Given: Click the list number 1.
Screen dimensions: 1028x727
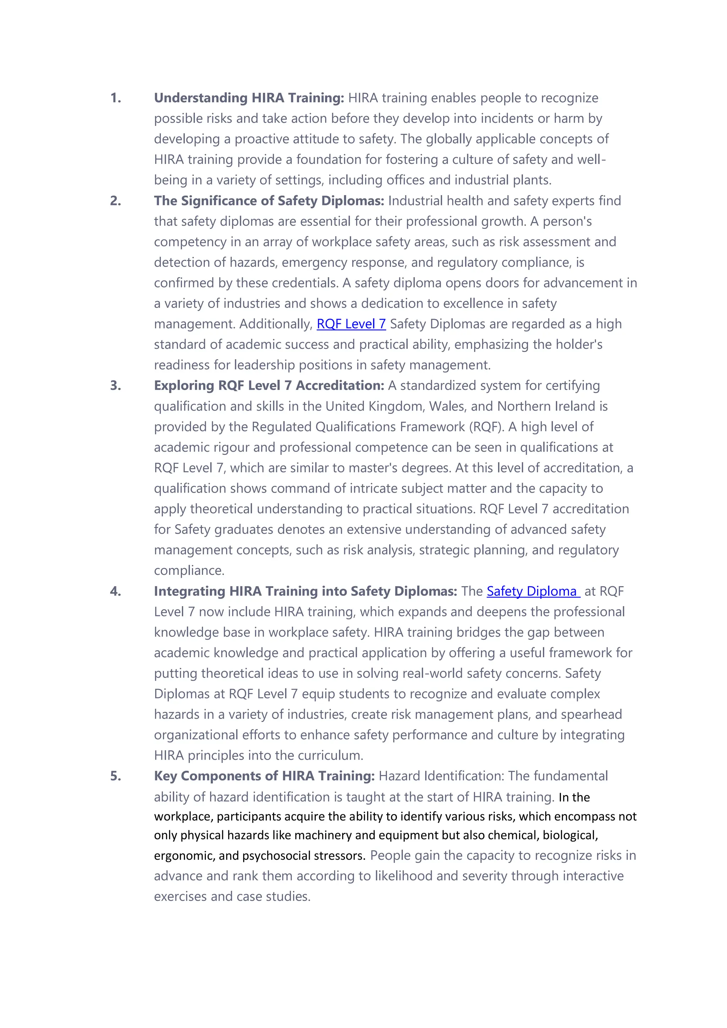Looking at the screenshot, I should point(116,98).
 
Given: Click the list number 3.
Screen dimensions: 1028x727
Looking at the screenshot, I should point(116,385).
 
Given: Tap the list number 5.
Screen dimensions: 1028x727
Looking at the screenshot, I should point(116,776).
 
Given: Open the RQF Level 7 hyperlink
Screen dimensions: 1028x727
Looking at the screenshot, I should point(351,324).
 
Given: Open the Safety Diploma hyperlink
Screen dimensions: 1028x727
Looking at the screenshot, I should point(532,591).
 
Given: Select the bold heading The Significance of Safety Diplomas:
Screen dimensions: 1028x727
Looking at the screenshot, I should point(269,200).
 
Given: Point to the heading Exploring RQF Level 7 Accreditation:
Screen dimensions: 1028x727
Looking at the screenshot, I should point(269,385).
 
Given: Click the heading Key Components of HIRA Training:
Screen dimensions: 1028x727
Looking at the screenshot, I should point(264,776).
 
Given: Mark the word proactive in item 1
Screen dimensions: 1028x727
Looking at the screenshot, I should point(262,139).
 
